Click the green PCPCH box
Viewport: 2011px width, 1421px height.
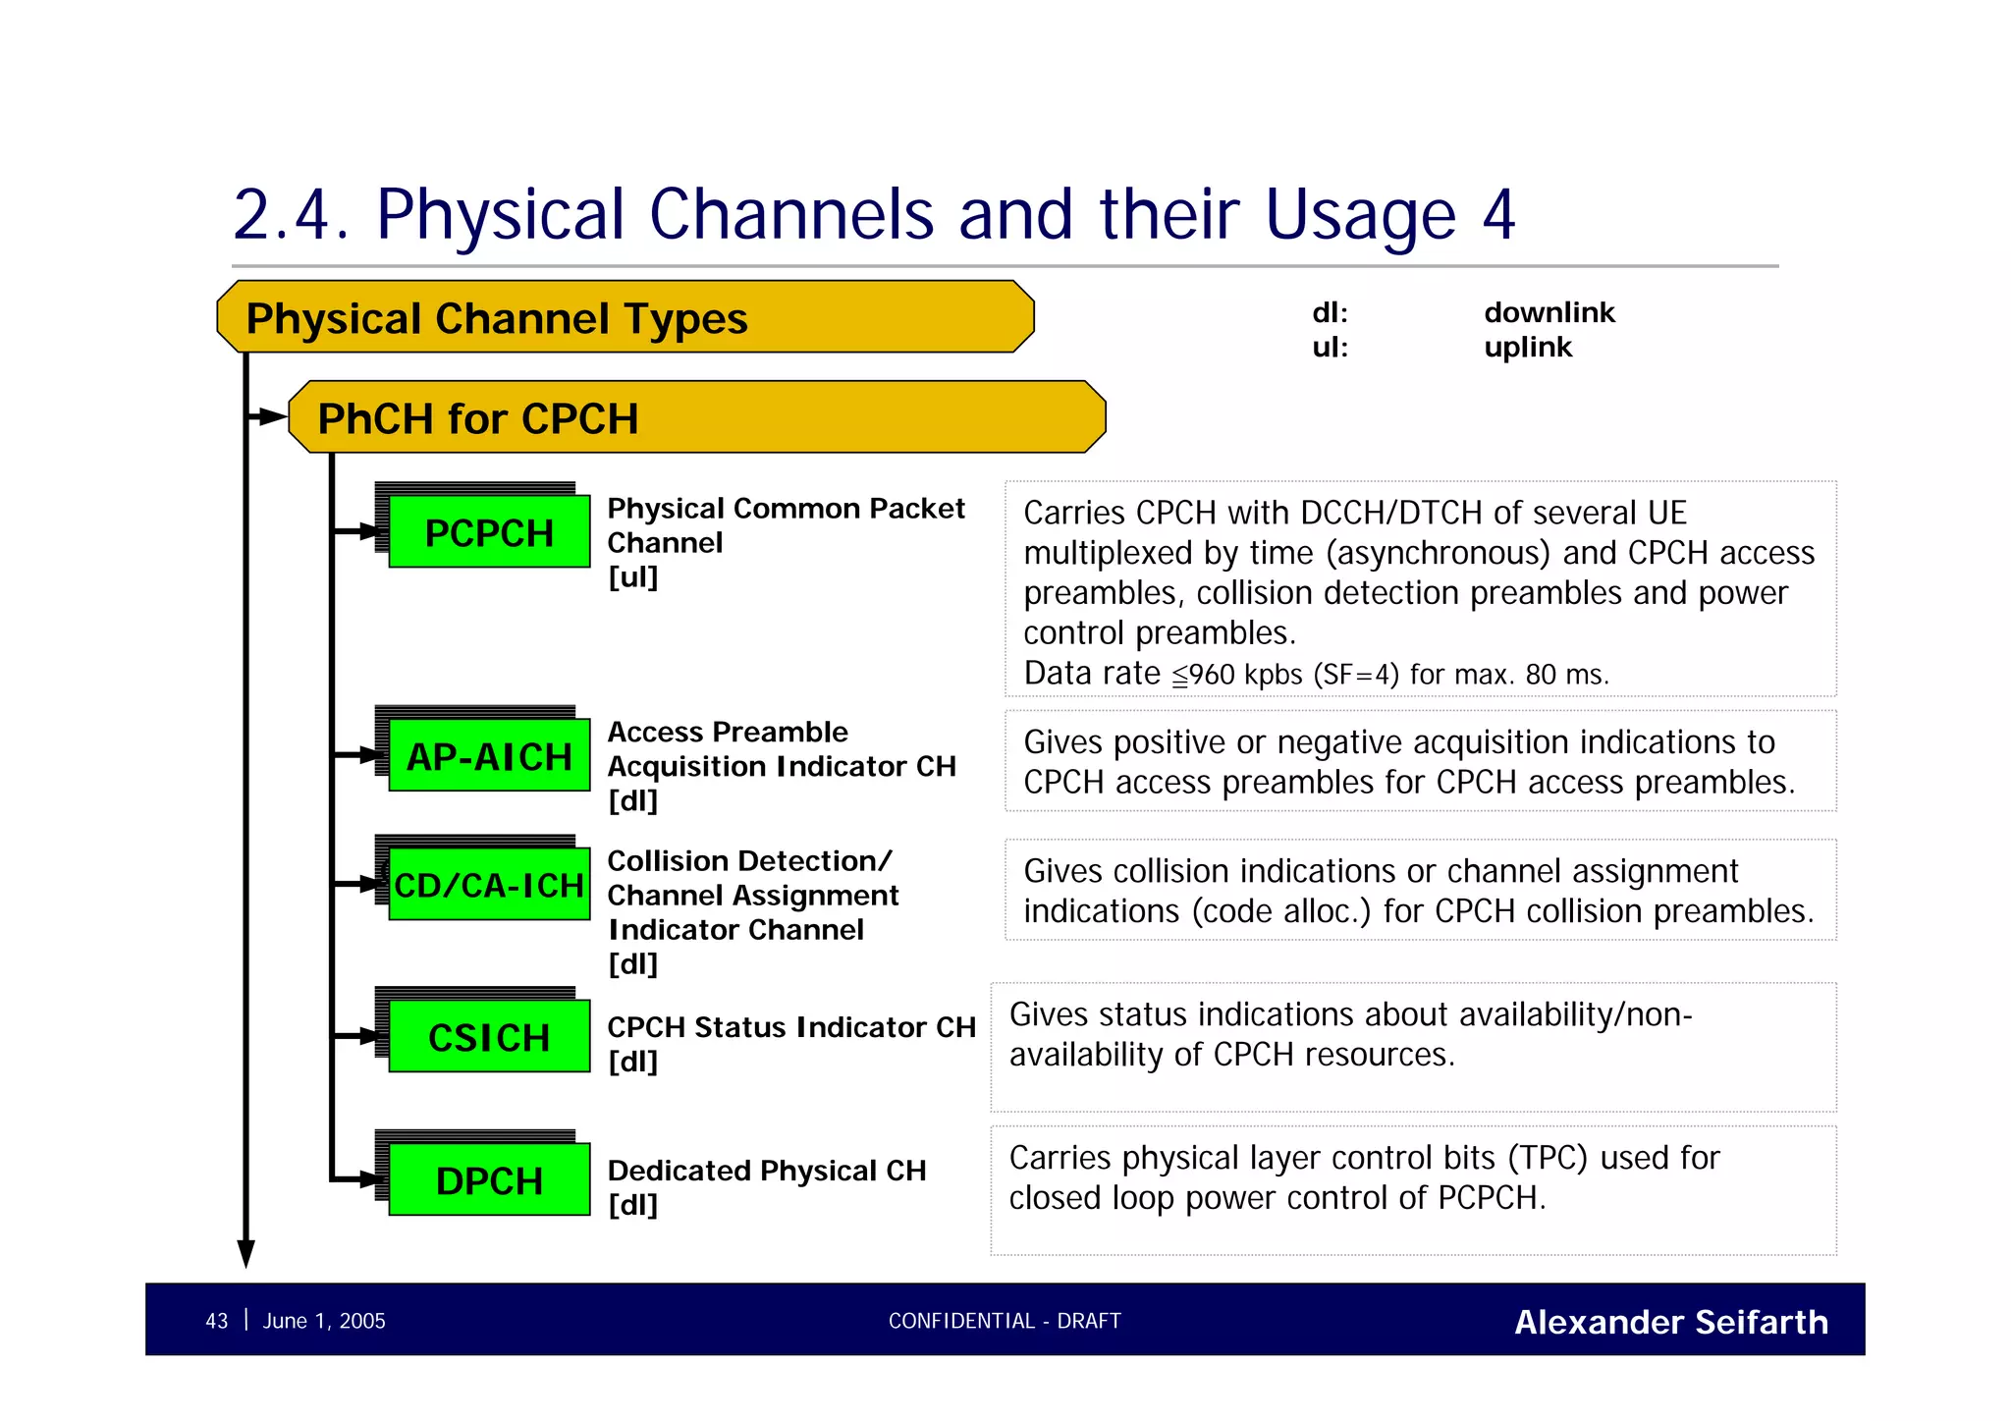pos(489,532)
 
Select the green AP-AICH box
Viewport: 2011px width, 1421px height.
pos(489,756)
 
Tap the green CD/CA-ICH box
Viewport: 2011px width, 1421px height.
pos(489,885)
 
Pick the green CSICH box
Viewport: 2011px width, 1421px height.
pos(489,1037)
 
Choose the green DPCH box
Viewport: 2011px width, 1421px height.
pos(489,1179)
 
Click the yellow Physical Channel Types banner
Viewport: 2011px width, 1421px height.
pos(625,317)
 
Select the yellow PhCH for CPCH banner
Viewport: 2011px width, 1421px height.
pos(696,417)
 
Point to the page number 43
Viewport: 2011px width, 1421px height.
pos(216,1321)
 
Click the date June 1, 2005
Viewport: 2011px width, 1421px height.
pos(324,1321)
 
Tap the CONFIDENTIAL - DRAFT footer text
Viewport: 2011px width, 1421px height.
pos(1004,1321)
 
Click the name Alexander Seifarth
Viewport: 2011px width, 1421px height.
pos(1670,1322)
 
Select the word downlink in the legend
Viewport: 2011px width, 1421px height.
pos(1549,312)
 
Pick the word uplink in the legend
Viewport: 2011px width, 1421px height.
pos(1528,347)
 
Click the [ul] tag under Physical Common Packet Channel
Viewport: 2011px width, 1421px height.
pos(632,577)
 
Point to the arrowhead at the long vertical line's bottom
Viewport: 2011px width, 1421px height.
pos(246,1254)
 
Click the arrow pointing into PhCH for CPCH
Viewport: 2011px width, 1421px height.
pos(269,417)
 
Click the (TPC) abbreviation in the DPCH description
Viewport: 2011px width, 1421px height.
pos(1548,1158)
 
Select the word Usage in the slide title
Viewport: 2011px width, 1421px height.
pos(1360,214)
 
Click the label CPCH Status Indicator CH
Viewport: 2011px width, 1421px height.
pos(790,1027)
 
